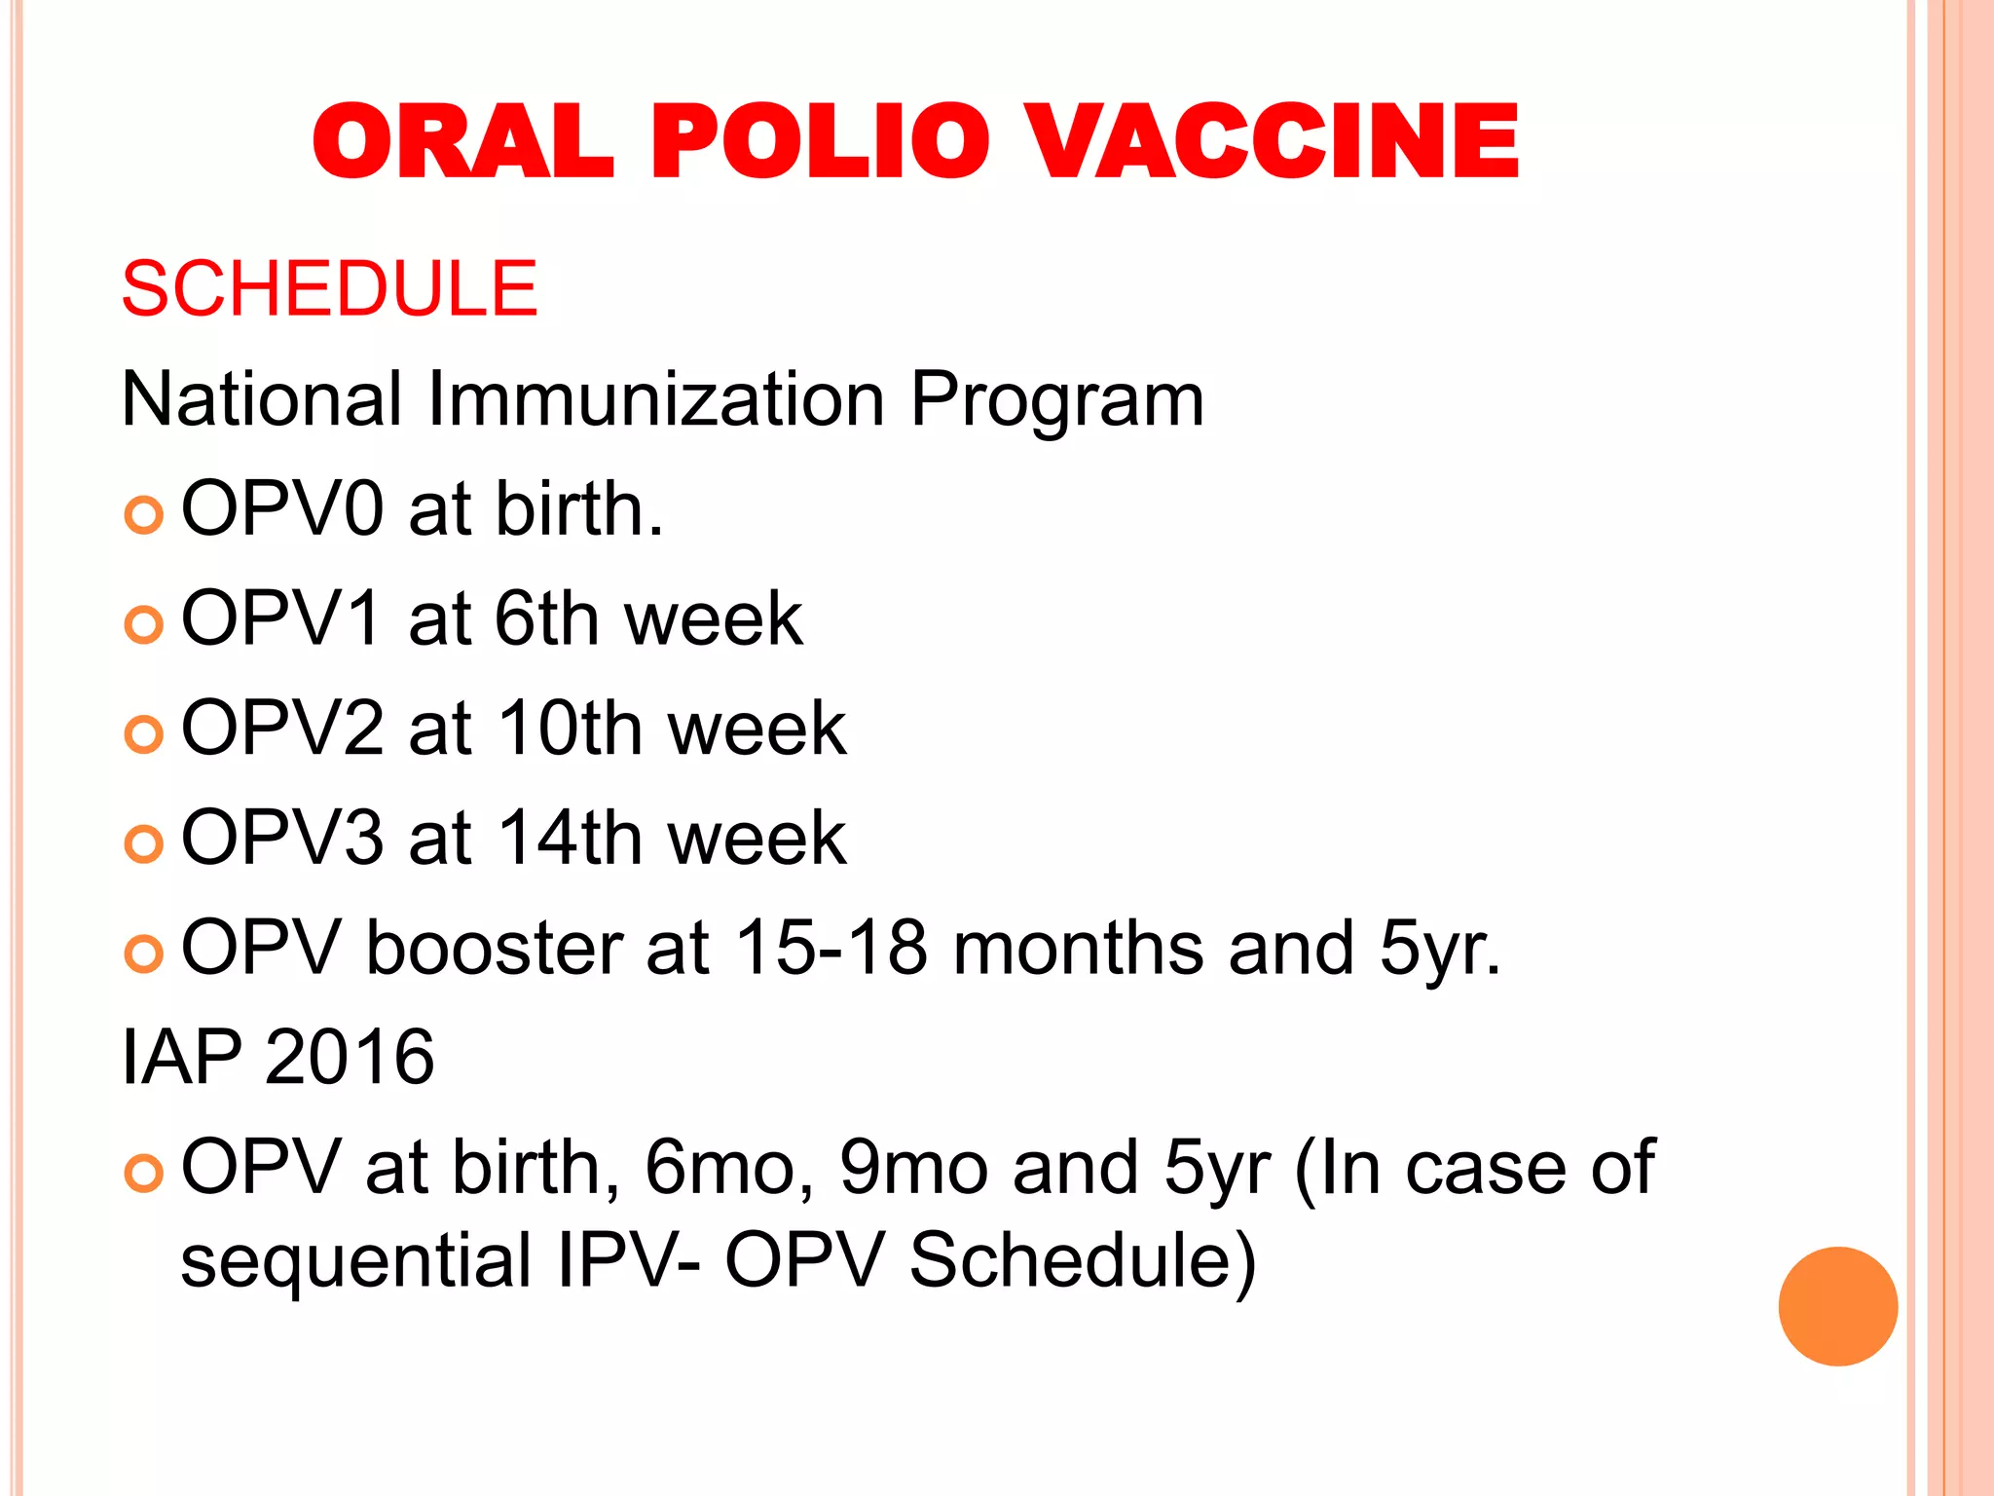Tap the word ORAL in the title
tap(463, 142)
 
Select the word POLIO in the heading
tap(821, 142)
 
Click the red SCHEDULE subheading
tap(329, 289)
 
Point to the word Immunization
tap(655, 399)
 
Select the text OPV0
tap(282, 509)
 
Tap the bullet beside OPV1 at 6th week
tap(144, 624)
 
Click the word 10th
tap(571, 729)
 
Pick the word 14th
tap(571, 838)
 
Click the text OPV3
tap(282, 838)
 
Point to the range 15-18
tap(831, 948)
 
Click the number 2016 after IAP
tap(349, 1058)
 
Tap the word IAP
tap(181, 1058)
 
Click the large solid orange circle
tap(1837, 1306)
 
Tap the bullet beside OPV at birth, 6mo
tap(144, 1175)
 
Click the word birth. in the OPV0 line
tap(578, 509)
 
